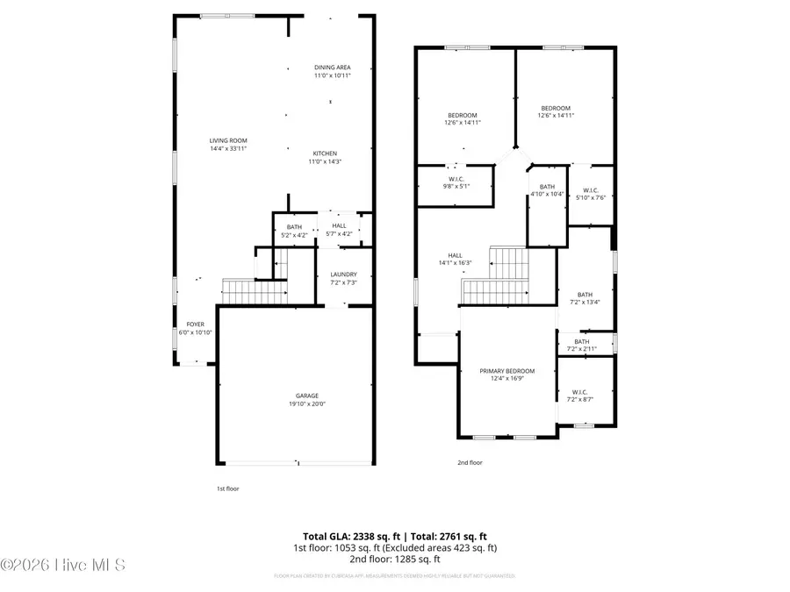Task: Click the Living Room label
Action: point(227,145)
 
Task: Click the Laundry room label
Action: point(343,278)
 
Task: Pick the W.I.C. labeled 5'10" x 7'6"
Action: point(590,194)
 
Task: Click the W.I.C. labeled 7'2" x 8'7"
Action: point(580,396)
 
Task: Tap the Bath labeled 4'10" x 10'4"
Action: point(547,190)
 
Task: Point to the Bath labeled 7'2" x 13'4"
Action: point(585,299)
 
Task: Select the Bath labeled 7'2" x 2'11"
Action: point(582,345)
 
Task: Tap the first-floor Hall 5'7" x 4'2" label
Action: point(338,230)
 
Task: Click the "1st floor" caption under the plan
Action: point(227,488)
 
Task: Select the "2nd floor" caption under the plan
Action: point(470,462)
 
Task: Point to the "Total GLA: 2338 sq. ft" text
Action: point(349,536)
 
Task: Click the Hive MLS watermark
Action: point(63,565)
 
